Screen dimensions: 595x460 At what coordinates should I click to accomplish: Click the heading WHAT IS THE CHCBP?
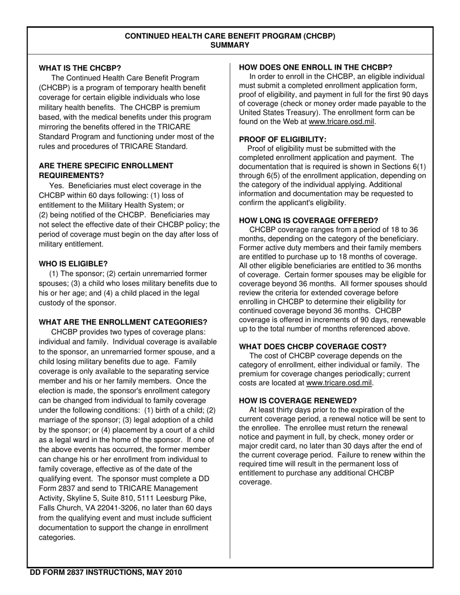pyautogui.click(x=80, y=68)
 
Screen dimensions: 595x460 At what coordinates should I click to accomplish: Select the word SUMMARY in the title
pyautogui.click(x=230, y=45)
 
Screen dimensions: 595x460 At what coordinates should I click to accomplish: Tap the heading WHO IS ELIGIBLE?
pyautogui.click(x=73, y=264)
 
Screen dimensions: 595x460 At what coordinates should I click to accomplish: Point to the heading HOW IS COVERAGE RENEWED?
pyautogui.click(x=298, y=401)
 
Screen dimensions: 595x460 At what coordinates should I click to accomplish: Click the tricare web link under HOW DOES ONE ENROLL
pyautogui.click(x=341, y=121)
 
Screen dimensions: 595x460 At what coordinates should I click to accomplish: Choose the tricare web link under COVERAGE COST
pyautogui.click(x=339, y=383)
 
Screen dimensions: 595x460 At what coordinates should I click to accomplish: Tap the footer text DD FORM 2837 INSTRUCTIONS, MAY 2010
pyautogui.click(x=106, y=572)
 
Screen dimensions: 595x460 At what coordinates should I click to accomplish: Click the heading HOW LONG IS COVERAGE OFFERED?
pyautogui.click(x=308, y=221)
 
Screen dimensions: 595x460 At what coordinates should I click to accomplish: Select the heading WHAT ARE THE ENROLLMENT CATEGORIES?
pyautogui.click(x=123, y=322)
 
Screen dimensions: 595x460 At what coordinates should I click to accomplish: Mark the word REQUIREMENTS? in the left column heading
pyautogui.click(x=71, y=175)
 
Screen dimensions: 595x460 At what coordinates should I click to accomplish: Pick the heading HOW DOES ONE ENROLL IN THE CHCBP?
pyautogui.click(x=316, y=67)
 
